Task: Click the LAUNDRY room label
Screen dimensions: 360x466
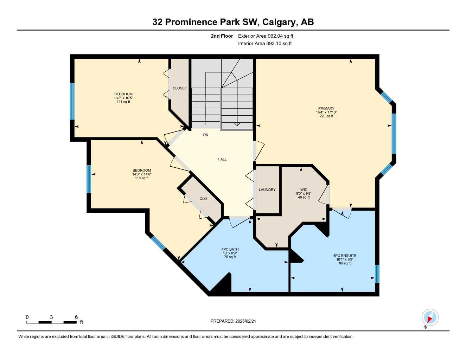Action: [x=267, y=190]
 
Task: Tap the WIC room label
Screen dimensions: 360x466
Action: [x=304, y=190]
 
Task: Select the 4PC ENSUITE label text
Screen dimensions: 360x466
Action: [x=345, y=256]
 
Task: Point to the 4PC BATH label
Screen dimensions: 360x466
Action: [x=230, y=249]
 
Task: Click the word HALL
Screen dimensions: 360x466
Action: [x=222, y=159]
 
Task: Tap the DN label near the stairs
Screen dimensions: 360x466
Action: [x=206, y=135]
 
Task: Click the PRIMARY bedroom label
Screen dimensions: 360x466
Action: [x=326, y=108]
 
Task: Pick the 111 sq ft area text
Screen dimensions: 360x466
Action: [x=123, y=102]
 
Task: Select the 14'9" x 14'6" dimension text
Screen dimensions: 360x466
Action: [x=142, y=174]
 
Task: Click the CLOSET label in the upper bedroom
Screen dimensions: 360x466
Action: [x=180, y=88]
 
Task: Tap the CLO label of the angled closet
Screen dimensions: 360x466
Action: [x=203, y=199]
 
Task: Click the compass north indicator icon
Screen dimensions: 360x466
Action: [x=430, y=318]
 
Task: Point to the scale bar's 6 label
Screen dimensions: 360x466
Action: [x=76, y=317]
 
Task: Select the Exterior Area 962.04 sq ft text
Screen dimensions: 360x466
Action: [x=266, y=36]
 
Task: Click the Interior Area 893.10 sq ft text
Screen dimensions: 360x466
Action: [x=265, y=44]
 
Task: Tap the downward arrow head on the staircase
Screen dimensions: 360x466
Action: [x=237, y=124]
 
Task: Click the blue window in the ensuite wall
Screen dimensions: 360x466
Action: [x=377, y=274]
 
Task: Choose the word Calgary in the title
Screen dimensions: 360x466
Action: [x=280, y=22]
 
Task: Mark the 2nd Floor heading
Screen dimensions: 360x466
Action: [x=222, y=36]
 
